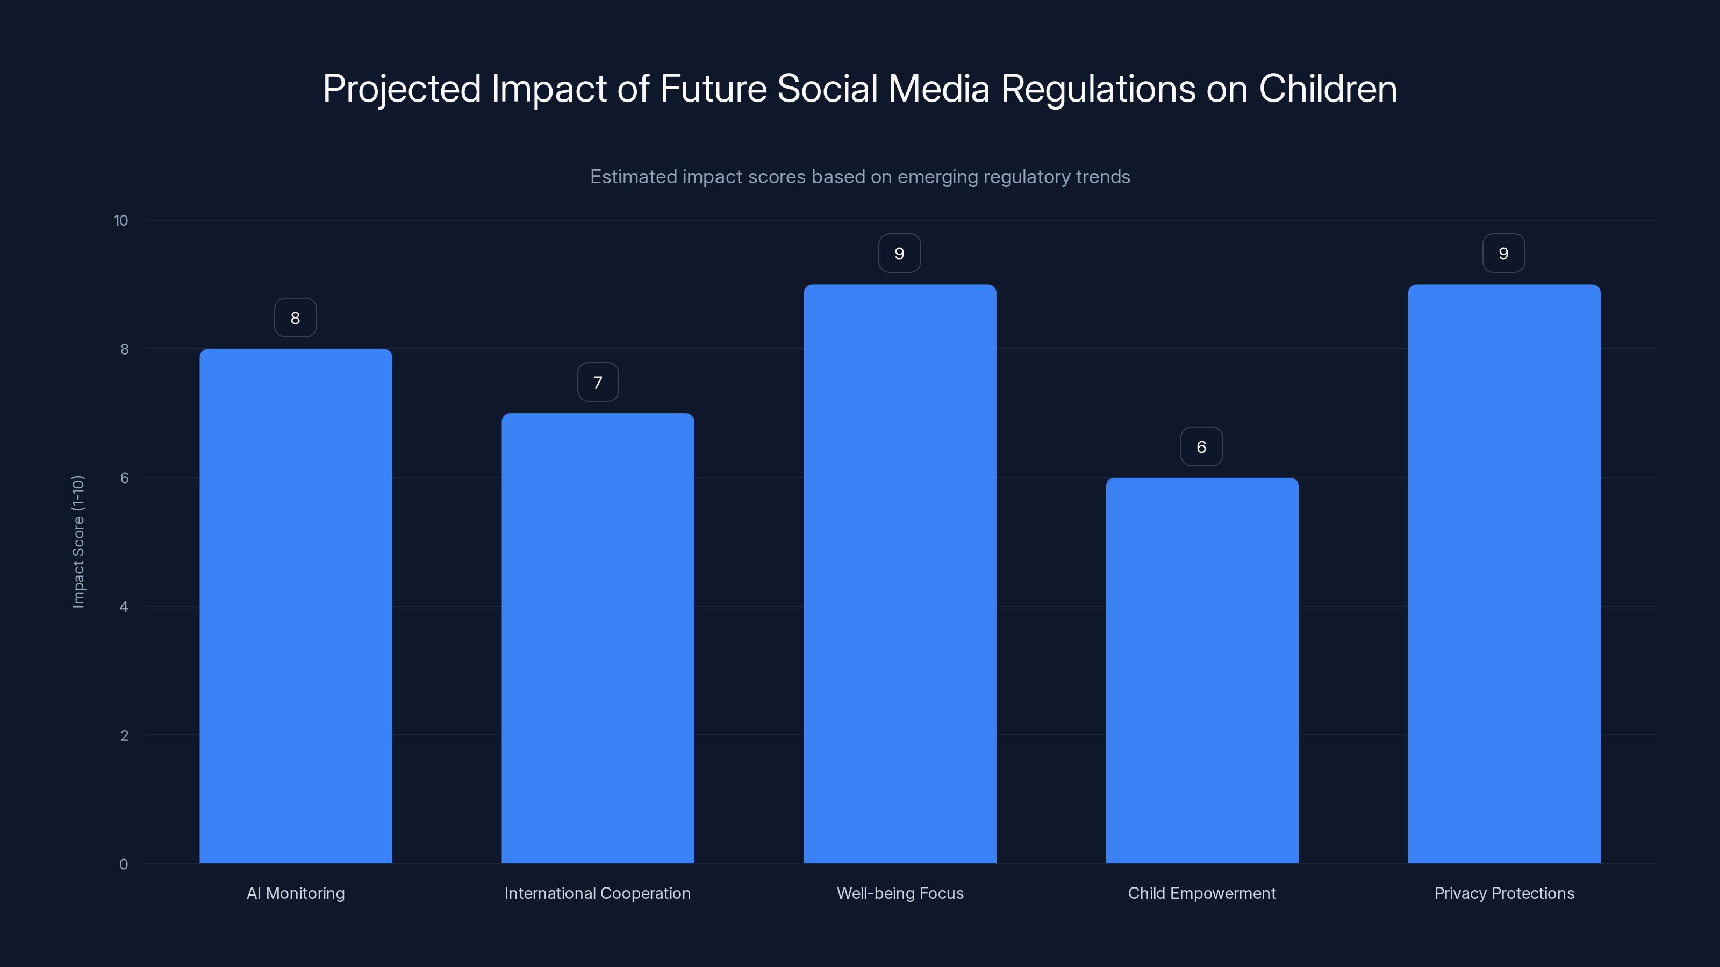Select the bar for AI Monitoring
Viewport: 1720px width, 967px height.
click(x=295, y=606)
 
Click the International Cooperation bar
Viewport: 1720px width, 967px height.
click(x=598, y=638)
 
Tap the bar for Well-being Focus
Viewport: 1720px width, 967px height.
click(x=899, y=574)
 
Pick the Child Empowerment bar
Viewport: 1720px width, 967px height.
click(x=1202, y=670)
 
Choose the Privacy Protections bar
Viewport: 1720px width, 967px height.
click(x=1504, y=574)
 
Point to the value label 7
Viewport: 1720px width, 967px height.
click(x=598, y=383)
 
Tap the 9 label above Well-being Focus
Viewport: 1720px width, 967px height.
click(x=899, y=254)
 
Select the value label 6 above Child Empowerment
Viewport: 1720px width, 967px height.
click(x=1201, y=447)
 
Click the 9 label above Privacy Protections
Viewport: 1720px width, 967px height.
click(x=1503, y=254)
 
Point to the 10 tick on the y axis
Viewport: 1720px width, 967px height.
click(x=121, y=221)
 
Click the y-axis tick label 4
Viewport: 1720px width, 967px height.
click(x=124, y=607)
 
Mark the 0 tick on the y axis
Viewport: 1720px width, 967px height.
click(x=124, y=864)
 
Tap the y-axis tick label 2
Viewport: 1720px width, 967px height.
click(x=124, y=735)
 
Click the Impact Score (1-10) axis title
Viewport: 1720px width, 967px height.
click(x=78, y=541)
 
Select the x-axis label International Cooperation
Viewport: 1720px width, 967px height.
click(x=598, y=893)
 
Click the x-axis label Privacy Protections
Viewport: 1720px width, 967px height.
click(x=1504, y=893)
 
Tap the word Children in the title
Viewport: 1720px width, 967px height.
click(x=1328, y=89)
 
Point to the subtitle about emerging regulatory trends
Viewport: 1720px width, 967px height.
click(x=860, y=177)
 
